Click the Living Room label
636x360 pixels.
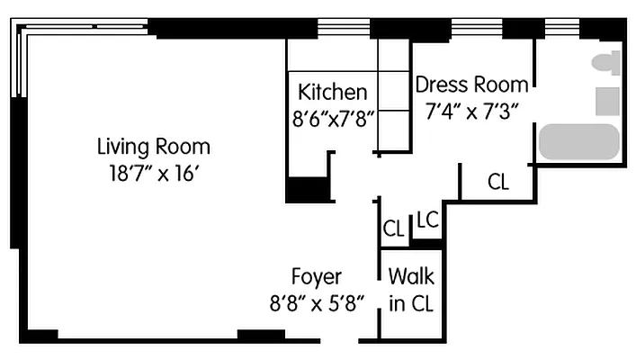(x=153, y=146)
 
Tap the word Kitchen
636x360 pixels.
(x=333, y=92)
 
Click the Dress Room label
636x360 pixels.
(x=471, y=85)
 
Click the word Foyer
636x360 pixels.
(x=316, y=276)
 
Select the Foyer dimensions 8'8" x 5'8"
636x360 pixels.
(x=315, y=302)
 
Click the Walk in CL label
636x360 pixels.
(x=411, y=290)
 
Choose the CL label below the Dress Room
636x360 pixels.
(x=497, y=182)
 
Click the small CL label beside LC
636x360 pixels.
(x=393, y=229)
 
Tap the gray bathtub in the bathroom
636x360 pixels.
(x=578, y=142)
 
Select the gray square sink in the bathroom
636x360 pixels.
(x=608, y=101)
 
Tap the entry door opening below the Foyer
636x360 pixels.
(x=344, y=339)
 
